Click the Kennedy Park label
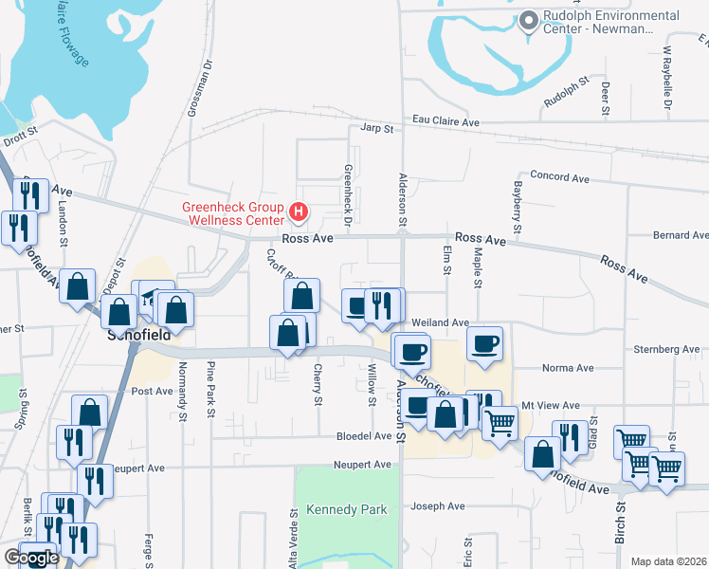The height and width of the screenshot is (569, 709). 346,509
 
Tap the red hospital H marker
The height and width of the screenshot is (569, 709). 299,211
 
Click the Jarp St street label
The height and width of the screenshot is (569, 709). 376,128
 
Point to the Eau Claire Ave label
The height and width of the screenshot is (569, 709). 445,121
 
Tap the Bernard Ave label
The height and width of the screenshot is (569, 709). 680,234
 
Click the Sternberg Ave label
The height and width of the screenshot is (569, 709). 666,349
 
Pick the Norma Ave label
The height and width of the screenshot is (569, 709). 567,368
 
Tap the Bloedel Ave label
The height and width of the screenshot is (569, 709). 364,436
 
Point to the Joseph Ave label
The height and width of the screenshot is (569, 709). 438,506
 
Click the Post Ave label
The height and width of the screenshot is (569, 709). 152,391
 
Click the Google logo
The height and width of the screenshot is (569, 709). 31,559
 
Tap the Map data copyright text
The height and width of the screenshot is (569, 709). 667,561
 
